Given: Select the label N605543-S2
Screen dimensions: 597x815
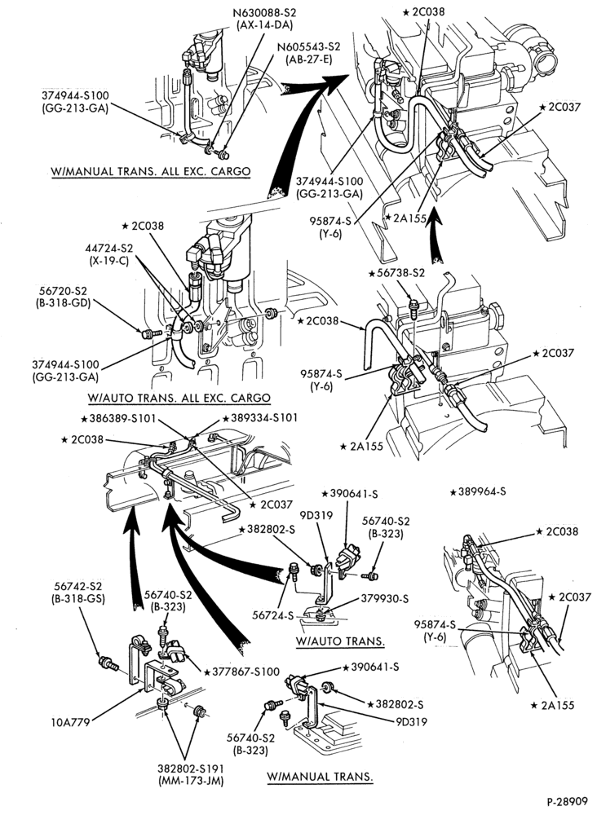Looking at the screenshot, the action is (309, 46).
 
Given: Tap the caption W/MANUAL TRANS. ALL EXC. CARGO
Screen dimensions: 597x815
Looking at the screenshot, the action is (150, 171).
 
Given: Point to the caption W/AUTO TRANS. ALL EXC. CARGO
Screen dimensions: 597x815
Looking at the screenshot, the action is (179, 399).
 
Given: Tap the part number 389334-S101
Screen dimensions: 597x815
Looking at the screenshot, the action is (260, 418).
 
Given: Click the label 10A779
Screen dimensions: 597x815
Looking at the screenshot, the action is (69, 721).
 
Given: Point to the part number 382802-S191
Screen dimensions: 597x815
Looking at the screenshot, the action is (190, 769).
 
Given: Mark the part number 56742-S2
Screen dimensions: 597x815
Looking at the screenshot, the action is (78, 586).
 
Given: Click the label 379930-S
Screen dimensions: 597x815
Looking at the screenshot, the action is (385, 599).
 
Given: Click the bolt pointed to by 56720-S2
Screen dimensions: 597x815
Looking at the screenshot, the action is (147, 333).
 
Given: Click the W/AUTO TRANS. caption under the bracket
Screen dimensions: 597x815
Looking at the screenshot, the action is (341, 641).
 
